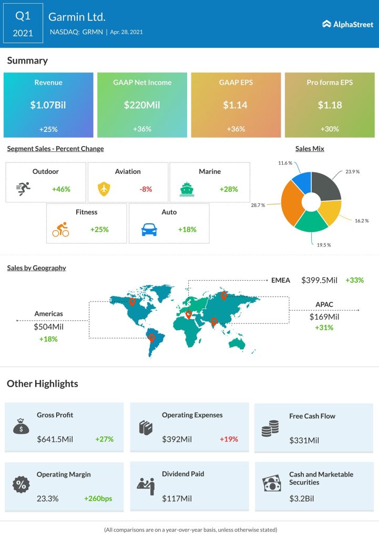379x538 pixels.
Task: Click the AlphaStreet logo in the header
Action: [347, 24]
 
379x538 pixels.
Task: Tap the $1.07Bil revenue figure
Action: [48, 105]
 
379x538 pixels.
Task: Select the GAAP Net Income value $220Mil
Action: [142, 105]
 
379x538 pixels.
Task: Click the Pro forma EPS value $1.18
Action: [330, 105]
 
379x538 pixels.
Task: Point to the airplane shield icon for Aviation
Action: [105, 188]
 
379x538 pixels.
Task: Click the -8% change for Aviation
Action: [146, 189]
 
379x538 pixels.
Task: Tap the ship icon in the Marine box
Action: [187, 188]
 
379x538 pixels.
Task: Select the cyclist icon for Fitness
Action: [60, 230]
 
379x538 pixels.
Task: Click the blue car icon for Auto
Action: [149, 230]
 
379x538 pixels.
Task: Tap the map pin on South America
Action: [152, 338]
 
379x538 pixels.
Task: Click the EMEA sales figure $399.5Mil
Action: [319, 281]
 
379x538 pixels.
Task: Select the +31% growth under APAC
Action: [324, 328]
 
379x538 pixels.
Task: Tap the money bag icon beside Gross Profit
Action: [21, 427]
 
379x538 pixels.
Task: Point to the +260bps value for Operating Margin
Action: [98, 499]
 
